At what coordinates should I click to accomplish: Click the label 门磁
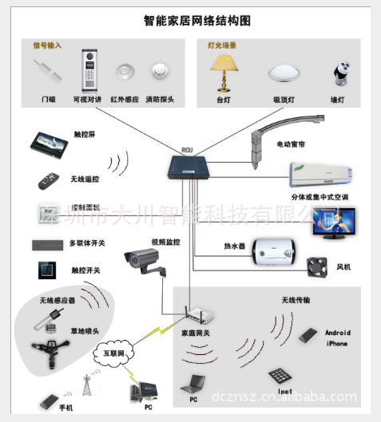point(50,101)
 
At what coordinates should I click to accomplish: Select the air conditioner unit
point(319,173)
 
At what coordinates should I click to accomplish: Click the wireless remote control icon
point(49,179)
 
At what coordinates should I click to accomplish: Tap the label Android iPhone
point(337,337)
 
